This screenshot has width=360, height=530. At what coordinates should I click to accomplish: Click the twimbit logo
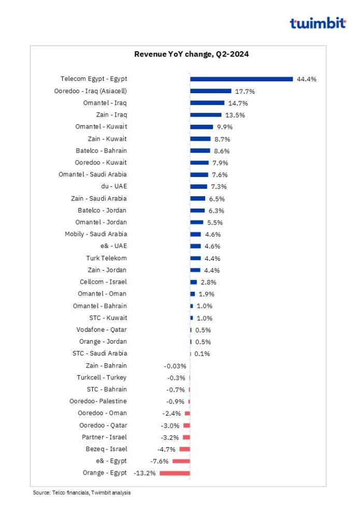tap(317, 23)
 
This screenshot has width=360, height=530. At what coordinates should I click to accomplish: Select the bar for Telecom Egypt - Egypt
tap(241, 79)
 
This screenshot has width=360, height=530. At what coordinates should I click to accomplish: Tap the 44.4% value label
tap(306, 79)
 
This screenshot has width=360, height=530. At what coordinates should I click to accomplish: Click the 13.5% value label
tap(235, 115)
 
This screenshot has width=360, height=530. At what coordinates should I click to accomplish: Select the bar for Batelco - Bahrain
tap(200, 151)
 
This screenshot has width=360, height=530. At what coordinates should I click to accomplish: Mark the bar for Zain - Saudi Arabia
tap(197, 198)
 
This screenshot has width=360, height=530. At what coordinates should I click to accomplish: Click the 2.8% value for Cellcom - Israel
tap(208, 282)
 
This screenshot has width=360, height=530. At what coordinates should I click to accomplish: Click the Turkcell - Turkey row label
tap(102, 377)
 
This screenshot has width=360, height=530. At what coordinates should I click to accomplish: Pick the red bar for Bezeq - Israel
tap(184, 449)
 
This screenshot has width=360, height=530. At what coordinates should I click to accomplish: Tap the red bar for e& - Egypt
tap(181, 461)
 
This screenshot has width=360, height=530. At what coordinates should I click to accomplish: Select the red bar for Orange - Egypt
tap(175, 473)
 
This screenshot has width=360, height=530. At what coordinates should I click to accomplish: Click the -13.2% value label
tap(145, 473)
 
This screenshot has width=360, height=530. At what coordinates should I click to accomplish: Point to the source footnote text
tap(82, 493)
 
